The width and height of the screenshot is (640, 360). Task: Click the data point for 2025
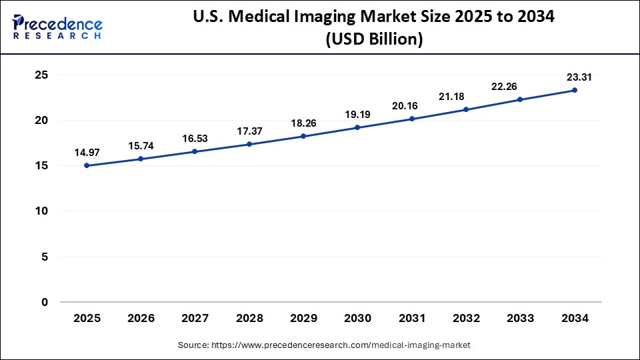point(87,165)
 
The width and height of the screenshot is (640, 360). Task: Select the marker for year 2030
point(357,127)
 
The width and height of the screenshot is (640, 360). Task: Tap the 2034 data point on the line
point(574,90)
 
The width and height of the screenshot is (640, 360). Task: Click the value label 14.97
point(87,152)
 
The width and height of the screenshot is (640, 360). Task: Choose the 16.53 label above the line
point(195,138)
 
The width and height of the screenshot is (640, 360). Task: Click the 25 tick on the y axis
point(41,75)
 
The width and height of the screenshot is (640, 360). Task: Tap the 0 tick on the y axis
point(45,302)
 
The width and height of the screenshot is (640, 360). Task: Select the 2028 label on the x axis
point(249,319)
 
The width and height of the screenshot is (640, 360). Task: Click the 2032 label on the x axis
point(466,319)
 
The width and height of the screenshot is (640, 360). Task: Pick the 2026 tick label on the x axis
point(141,319)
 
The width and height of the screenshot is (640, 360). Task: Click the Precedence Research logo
point(57,27)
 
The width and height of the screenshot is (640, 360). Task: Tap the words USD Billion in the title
point(373,40)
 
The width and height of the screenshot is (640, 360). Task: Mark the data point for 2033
point(520,99)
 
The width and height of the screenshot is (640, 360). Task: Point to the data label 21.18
point(466,97)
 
